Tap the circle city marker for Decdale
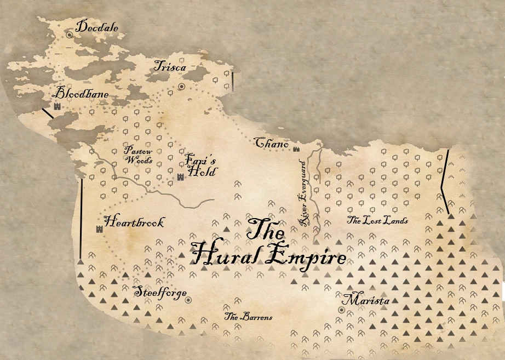[x=70, y=35]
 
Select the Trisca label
[x=170, y=67]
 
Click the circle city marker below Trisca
[x=181, y=87]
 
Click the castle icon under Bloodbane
[x=57, y=106]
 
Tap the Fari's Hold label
[x=201, y=164]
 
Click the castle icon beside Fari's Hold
[x=180, y=176]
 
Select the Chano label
[x=272, y=144]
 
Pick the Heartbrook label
[x=134, y=222]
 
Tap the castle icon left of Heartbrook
[x=100, y=229]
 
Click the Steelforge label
[x=160, y=293]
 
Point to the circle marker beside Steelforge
[x=188, y=300]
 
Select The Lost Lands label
[x=377, y=221]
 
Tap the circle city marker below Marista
[x=341, y=310]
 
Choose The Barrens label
[x=248, y=317]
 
